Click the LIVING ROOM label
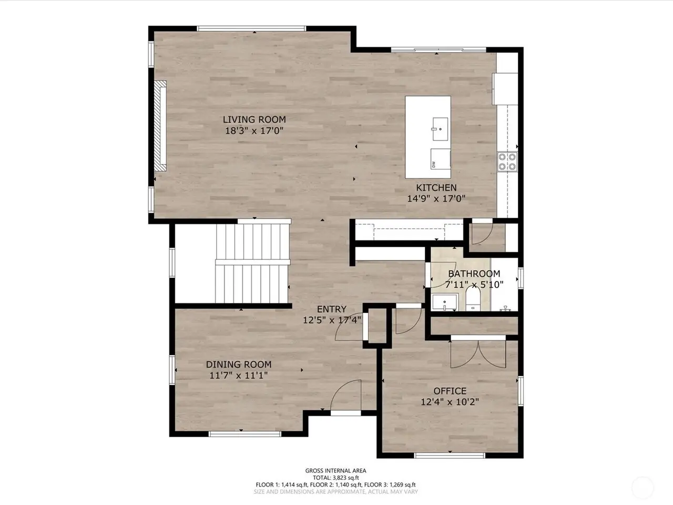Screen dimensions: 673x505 pyautogui.click(x=254, y=119)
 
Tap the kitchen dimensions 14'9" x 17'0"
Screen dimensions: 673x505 pyautogui.click(x=436, y=199)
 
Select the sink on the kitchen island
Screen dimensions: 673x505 pyautogui.click(x=440, y=129)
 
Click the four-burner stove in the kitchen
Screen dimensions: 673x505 pyautogui.click(x=507, y=161)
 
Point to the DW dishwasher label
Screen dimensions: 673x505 pyautogui.click(x=433, y=165)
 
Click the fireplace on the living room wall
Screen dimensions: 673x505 pyautogui.click(x=160, y=126)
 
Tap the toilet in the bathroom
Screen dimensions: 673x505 pyautogui.click(x=473, y=299)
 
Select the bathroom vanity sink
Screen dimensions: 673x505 pyautogui.click(x=445, y=302)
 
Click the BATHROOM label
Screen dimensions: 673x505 pyautogui.click(x=474, y=274)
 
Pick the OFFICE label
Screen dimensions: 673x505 pyautogui.click(x=450, y=391)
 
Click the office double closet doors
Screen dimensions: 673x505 pyautogui.click(x=478, y=354)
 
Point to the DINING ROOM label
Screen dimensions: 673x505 pyautogui.click(x=239, y=364)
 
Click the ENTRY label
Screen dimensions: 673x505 pyautogui.click(x=331, y=309)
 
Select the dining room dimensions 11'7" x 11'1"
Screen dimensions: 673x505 pyautogui.click(x=239, y=375)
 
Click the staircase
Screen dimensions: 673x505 pyautogui.click(x=253, y=263)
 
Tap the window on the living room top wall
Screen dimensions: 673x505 pyautogui.click(x=251, y=28)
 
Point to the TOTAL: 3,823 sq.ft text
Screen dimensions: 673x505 pyautogui.click(x=335, y=478)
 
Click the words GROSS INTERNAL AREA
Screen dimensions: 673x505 pyautogui.click(x=335, y=471)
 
